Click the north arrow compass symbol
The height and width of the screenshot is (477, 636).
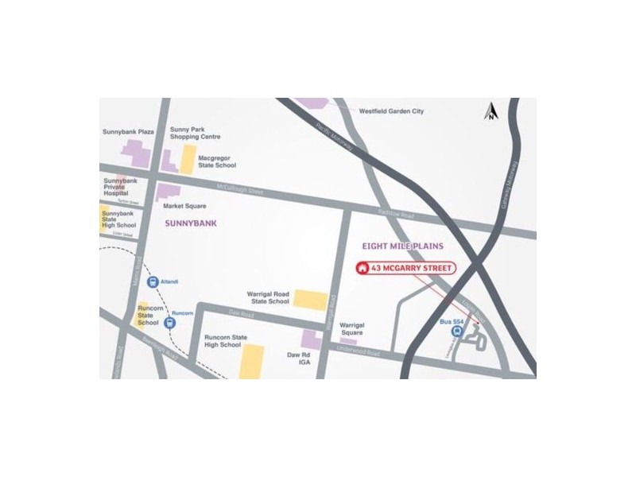[x=492, y=111]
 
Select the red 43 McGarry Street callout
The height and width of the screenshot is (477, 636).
[x=405, y=269]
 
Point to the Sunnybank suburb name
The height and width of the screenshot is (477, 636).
[x=191, y=223]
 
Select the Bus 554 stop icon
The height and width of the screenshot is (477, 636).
[x=456, y=332]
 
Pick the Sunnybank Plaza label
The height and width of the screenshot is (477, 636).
[x=128, y=132]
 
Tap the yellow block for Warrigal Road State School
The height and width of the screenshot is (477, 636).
[x=310, y=299]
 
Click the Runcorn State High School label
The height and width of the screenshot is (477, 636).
[x=222, y=341]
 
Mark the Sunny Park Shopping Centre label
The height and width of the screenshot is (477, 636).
[x=193, y=132]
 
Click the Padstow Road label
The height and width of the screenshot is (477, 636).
[x=396, y=215]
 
